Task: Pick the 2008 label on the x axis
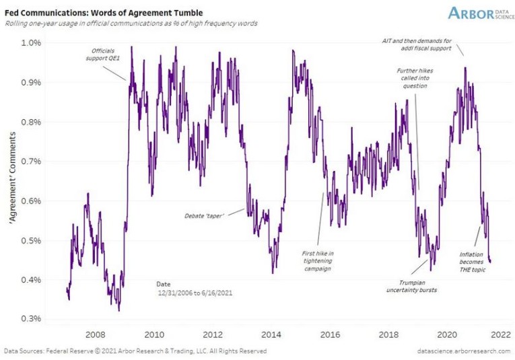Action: (x=95, y=334)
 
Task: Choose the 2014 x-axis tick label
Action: (x=271, y=334)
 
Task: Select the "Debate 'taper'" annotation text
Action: (x=204, y=215)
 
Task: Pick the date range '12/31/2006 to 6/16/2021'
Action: (x=196, y=294)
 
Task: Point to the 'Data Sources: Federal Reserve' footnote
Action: (x=135, y=351)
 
